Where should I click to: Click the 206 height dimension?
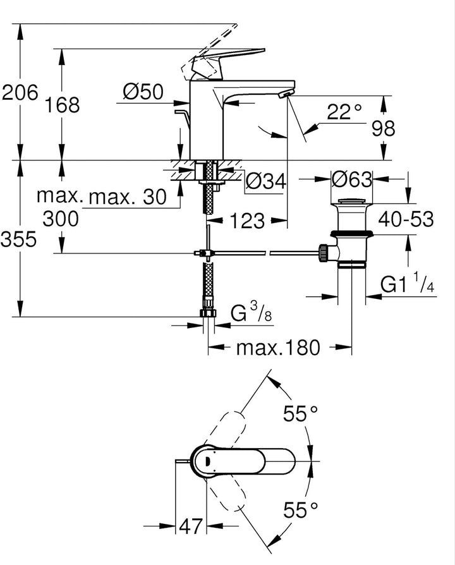(x=20, y=93)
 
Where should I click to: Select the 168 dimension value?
(x=62, y=105)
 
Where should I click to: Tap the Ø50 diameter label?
(x=143, y=92)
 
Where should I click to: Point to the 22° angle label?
(x=344, y=112)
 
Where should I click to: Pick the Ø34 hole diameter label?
(x=266, y=181)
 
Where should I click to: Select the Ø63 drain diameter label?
(x=352, y=179)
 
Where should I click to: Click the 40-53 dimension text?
(x=406, y=219)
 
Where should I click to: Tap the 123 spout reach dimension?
(x=247, y=221)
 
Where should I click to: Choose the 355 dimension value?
(x=18, y=238)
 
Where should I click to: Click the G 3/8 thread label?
(x=251, y=312)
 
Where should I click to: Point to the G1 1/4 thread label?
(x=407, y=283)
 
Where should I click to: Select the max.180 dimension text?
(x=278, y=348)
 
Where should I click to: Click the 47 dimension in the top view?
(x=191, y=526)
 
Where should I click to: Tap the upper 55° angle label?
(x=300, y=413)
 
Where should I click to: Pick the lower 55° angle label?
(x=301, y=510)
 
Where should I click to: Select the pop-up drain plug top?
(x=352, y=201)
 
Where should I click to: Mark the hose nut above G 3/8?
(x=208, y=312)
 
